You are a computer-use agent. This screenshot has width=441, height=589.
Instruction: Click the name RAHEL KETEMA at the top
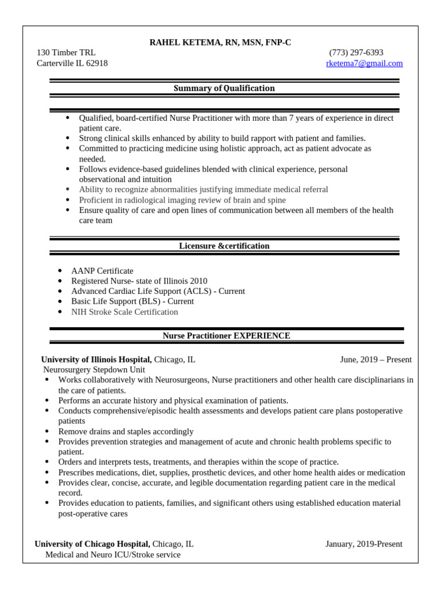(x=185, y=42)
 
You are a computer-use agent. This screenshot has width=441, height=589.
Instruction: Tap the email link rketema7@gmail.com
(x=364, y=63)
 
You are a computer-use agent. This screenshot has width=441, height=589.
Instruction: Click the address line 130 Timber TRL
(x=66, y=52)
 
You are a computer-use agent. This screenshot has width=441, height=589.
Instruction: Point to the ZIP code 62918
(x=96, y=63)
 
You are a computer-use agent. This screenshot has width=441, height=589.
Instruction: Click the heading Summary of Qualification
(x=224, y=88)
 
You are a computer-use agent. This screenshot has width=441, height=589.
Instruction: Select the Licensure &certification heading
(x=224, y=246)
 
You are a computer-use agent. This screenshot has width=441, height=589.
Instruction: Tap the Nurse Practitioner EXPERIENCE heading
(x=226, y=335)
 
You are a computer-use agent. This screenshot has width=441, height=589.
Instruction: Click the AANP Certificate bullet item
(x=102, y=270)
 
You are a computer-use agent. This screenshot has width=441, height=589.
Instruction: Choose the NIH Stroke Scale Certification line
(x=125, y=312)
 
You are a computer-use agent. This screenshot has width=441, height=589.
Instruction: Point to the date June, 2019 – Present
(x=376, y=359)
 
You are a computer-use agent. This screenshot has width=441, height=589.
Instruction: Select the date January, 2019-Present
(x=363, y=544)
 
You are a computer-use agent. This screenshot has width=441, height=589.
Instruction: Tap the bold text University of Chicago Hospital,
(x=92, y=544)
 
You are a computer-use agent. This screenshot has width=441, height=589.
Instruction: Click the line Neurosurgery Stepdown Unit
(x=94, y=370)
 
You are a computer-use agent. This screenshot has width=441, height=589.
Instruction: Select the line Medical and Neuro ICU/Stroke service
(x=113, y=554)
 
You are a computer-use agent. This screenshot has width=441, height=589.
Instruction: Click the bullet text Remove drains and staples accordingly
(x=126, y=431)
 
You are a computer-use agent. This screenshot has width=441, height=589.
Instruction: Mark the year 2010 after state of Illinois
(x=198, y=281)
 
